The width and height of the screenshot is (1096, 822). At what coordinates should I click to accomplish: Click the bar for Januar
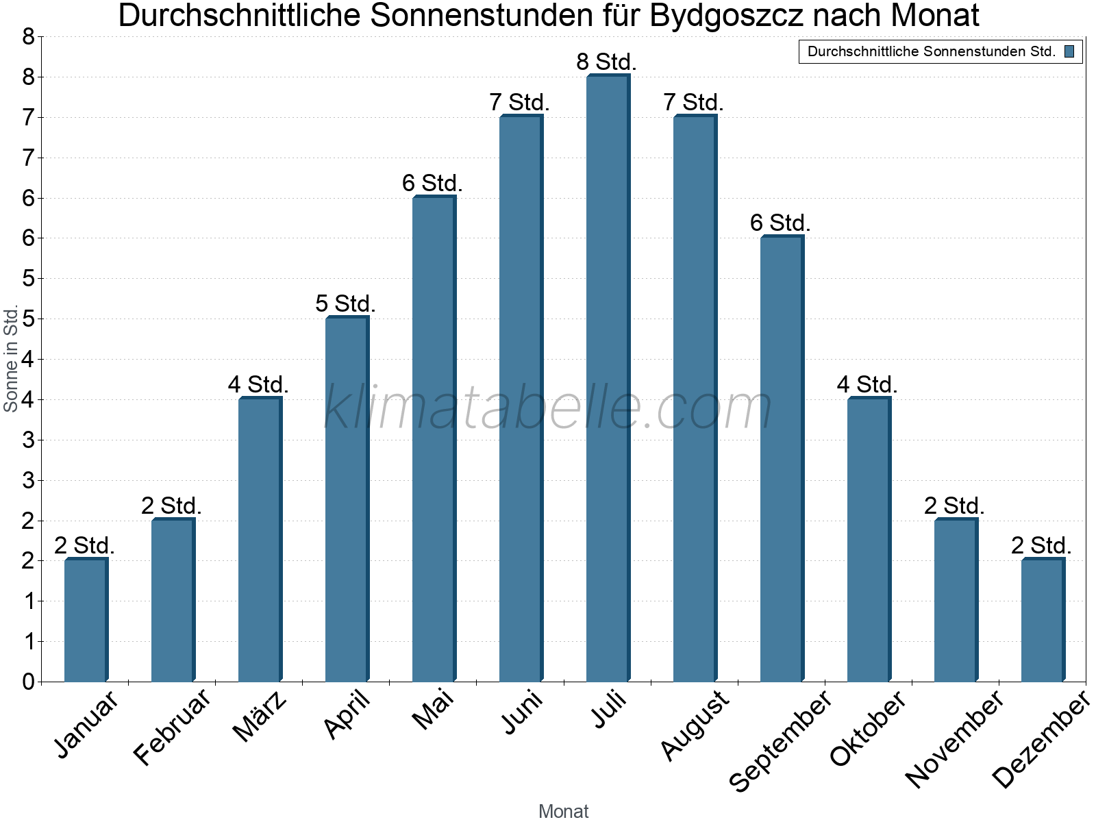[x=85, y=621]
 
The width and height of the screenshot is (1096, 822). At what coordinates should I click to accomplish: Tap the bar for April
[x=346, y=499]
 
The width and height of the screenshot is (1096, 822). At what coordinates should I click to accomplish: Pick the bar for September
[x=781, y=459]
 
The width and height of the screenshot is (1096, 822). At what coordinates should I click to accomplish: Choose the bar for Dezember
[x=1042, y=621]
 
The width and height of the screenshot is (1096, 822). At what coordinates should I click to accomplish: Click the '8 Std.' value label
[x=607, y=62]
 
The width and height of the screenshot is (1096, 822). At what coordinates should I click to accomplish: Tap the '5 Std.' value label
[x=346, y=304]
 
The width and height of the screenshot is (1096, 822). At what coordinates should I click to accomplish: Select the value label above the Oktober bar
[x=867, y=385]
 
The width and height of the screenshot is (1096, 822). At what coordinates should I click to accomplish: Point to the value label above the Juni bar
[x=520, y=103]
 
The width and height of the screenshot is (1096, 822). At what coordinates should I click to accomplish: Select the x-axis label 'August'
[x=695, y=725]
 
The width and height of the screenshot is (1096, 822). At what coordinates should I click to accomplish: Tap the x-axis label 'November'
[x=954, y=738]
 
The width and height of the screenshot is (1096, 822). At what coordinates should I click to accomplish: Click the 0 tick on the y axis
[x=28, y=682]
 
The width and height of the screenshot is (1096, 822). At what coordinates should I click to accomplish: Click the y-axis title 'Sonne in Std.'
[x=11, y=359]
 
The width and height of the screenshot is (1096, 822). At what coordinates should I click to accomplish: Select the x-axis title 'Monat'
[x=563, y=811]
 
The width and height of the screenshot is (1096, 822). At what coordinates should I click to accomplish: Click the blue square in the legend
[x=1069, y=51]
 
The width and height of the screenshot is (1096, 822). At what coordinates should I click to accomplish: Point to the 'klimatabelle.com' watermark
[x=548, y=408]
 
